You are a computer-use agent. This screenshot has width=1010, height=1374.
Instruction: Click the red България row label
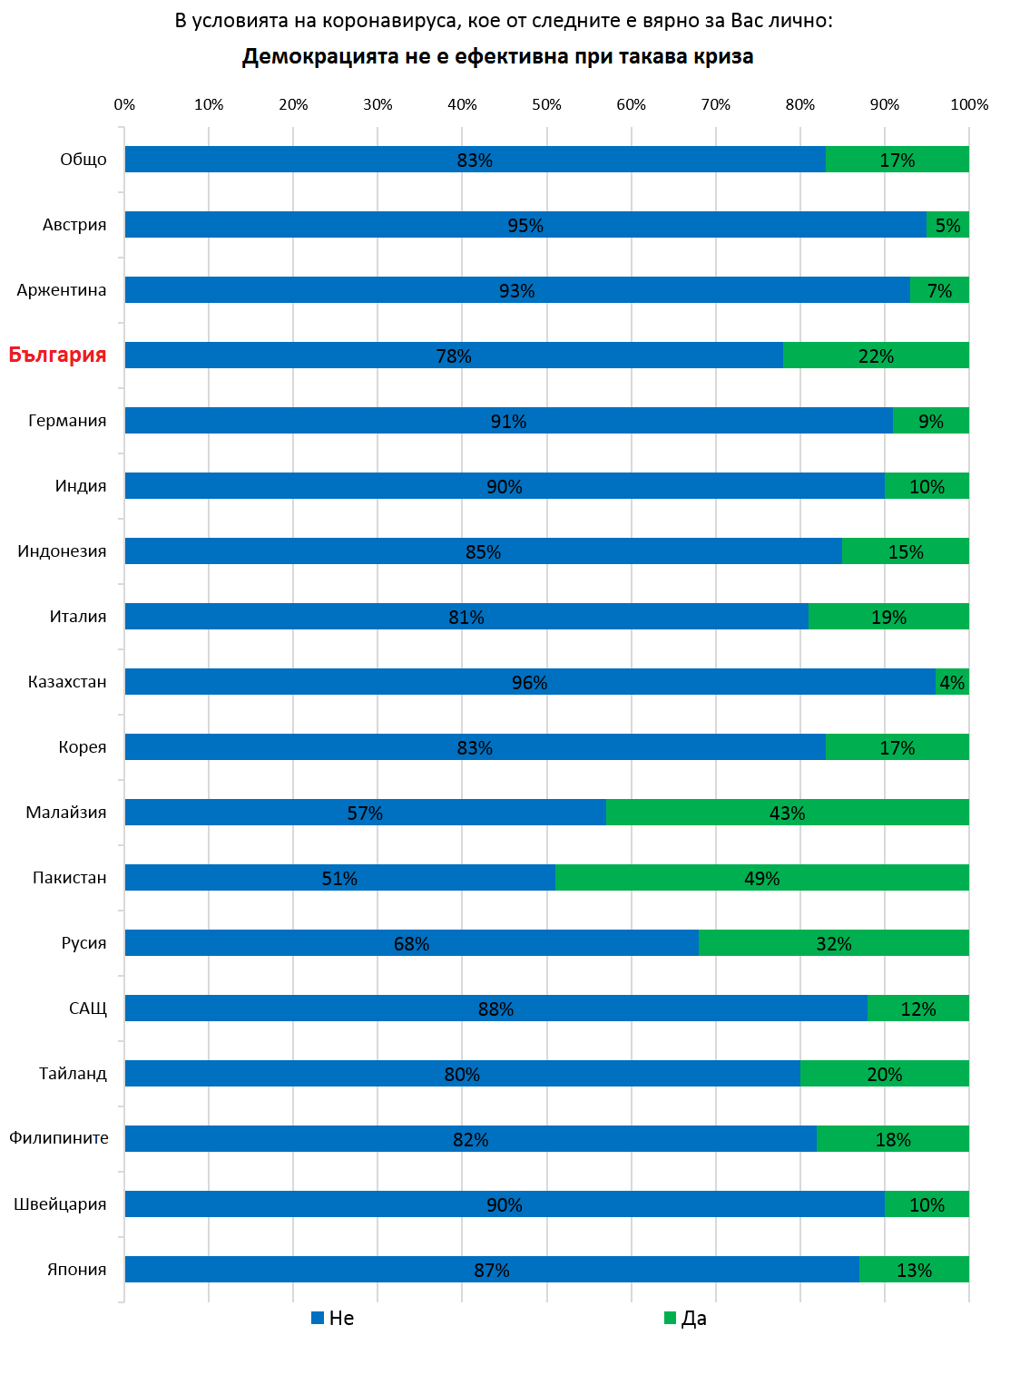[x=57, y=355]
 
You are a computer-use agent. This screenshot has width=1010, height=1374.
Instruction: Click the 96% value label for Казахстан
[x=529, y=682]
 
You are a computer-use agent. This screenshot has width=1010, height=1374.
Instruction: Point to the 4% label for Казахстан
[x=952, y=682]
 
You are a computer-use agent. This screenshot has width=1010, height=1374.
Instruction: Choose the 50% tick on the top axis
[x=546, y=104]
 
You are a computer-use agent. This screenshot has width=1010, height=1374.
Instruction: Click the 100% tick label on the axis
[x=969, y=104]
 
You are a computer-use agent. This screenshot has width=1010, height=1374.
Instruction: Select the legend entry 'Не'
[x=333, y=1318]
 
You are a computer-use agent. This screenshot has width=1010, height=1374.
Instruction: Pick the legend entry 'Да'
[x=686, y=1318]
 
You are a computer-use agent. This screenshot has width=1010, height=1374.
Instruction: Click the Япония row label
[x=76, y=1269]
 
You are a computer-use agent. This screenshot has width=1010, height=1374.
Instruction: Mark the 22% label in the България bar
[x=876, y=356]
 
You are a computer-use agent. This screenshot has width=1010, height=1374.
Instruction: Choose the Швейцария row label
[x=60, y=1203]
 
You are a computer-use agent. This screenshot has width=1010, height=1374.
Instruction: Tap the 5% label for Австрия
[x=947, y=225]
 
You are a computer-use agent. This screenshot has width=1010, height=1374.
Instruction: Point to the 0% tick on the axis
[x=124, y=104]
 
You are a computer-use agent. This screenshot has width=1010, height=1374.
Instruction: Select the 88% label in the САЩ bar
[x=495, y=1009]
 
